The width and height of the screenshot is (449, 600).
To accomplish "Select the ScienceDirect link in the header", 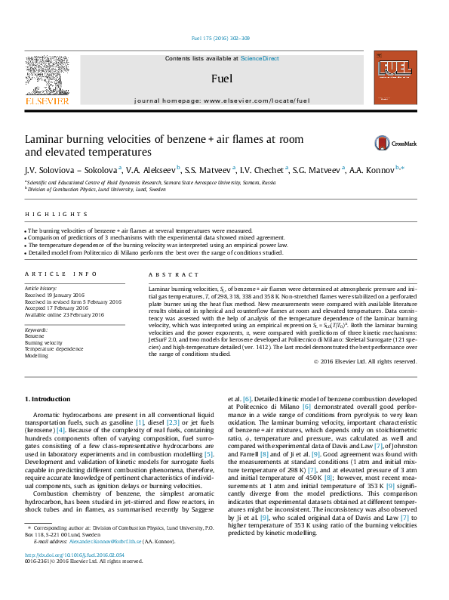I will pos(260,58).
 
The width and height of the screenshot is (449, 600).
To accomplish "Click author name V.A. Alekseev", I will pos(149,170).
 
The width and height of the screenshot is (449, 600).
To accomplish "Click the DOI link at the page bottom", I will pos(74,576).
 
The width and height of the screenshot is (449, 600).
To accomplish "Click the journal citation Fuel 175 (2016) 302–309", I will pos(223,39).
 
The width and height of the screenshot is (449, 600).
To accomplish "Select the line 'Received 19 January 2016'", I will pos(57,295).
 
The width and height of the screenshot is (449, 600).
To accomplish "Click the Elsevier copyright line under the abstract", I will pos(364,362).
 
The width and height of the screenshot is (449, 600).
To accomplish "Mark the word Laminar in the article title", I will pos(48,140).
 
